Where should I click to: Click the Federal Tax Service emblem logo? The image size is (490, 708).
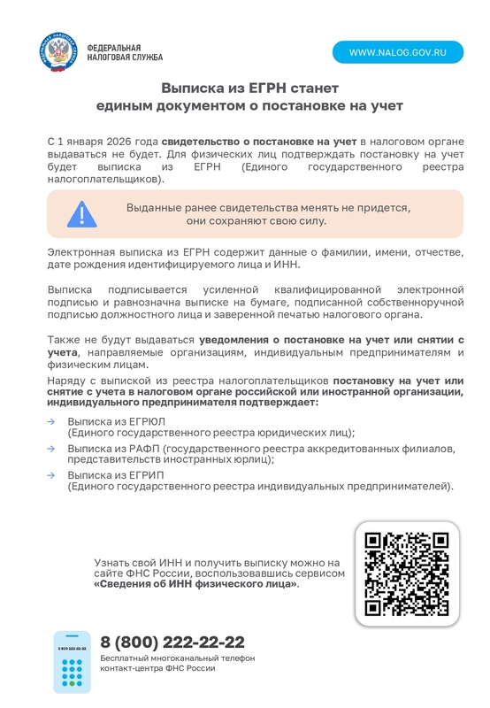pos(58,51)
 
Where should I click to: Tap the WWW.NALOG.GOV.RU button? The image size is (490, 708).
pos(397,52)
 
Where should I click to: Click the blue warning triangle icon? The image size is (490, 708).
pos(81,214)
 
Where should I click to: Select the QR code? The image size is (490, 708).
pos(408,573)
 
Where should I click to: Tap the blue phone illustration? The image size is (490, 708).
pos(73,662)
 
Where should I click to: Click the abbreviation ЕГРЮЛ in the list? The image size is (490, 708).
pos(147,422)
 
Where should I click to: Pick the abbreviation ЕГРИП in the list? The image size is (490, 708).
pos(146,475)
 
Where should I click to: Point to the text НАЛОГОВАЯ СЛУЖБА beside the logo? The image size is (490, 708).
pos(125,58)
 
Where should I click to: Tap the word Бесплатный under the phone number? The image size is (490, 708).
pos(125,658)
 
